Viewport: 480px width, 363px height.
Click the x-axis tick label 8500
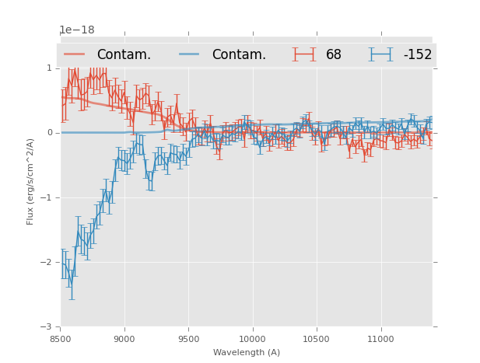pyautogui.click(x=61, y=339)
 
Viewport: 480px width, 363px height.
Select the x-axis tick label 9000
pyautogui.click(x=124, y=339)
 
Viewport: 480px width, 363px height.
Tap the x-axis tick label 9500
pyautogui.click(x=188, y=339)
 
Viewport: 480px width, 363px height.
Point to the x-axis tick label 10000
pyautogui.click(x=252, y=339)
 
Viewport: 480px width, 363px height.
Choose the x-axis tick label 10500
pyautogui.click(x=316, y=339)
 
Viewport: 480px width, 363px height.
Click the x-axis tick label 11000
pyautogui.click(x=380, y=339)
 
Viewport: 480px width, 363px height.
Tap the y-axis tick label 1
pyautogui.click(x=49, y=68)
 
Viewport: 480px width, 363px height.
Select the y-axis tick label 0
pyautogui.click(x=49, y=133)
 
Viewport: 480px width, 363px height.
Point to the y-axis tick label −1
pyautogui.click(x=47, y=197)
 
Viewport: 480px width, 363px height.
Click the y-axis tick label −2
pyautogui.click(x=47, y=262)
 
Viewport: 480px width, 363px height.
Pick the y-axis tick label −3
pyautogui.click(x=47, y=327)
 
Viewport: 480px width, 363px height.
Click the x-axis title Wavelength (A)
pyautogui.click(x=247, y=352)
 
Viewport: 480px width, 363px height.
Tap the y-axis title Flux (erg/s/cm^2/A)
pyautogui.click(x=31, y=181)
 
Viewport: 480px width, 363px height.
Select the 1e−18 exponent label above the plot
pyautogui.click(x=76, y=30)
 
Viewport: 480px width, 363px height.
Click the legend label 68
pyautogui.click(x=334, y=54)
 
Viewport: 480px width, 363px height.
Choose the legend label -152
pyautogui.click(x=417, y=54)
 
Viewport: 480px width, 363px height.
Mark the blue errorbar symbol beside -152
pyautogui.click(x=381, y=54)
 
